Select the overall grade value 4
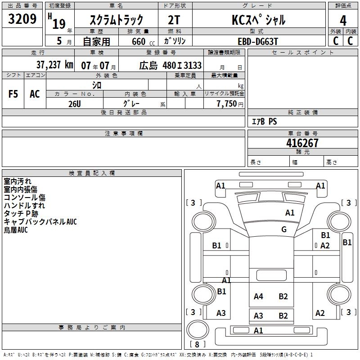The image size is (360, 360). coord(343,20)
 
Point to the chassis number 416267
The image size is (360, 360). coord(302,143)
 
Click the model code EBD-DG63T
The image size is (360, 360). coord(258,41)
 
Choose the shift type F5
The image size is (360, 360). coord(13,94)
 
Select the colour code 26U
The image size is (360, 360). coord(74,103)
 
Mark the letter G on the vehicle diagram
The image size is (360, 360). coord(284,229)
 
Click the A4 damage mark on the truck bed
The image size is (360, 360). coord(258,296)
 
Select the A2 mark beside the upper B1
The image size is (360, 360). coord(325,245)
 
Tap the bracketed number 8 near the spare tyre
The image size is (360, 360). coord(197,345)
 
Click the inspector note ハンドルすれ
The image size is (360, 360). coord(24,206)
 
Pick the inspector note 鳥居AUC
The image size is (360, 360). coord(16,230)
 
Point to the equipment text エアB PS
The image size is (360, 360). coord(264,121)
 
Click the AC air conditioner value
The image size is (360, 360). coord(35,94)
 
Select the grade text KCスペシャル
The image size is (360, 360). coord(258,20)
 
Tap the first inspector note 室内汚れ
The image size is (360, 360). coord(18,181)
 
